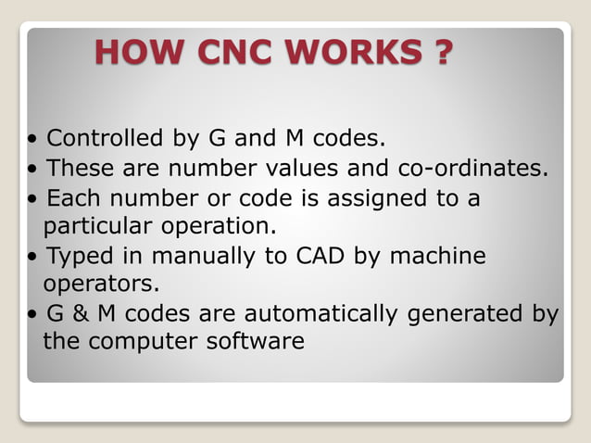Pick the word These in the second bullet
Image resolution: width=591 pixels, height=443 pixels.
(x=79, y=169)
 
